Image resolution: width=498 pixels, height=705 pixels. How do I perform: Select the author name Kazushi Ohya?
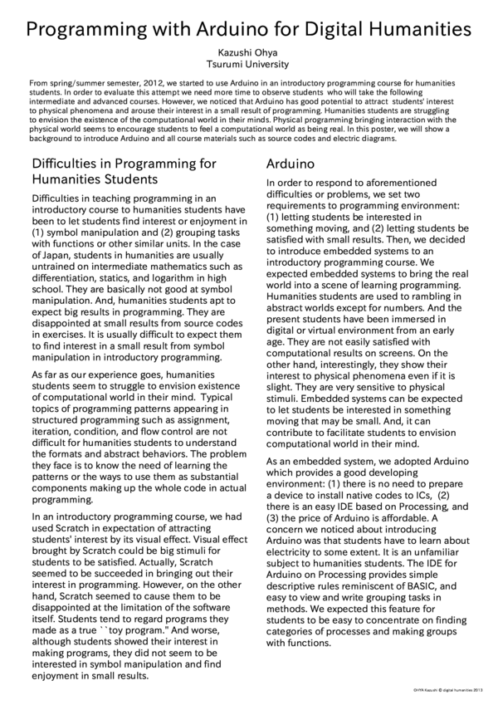point(248,52)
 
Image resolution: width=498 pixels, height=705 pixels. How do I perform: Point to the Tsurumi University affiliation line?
point(248,64)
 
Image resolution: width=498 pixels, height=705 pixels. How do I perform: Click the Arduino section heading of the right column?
point(290,164)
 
